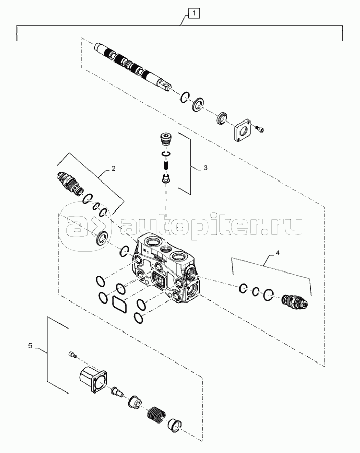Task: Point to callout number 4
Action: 278,252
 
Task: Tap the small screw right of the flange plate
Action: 260,130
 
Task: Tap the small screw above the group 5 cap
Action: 72,355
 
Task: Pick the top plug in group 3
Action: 165,139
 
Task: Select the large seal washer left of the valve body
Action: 102,237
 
